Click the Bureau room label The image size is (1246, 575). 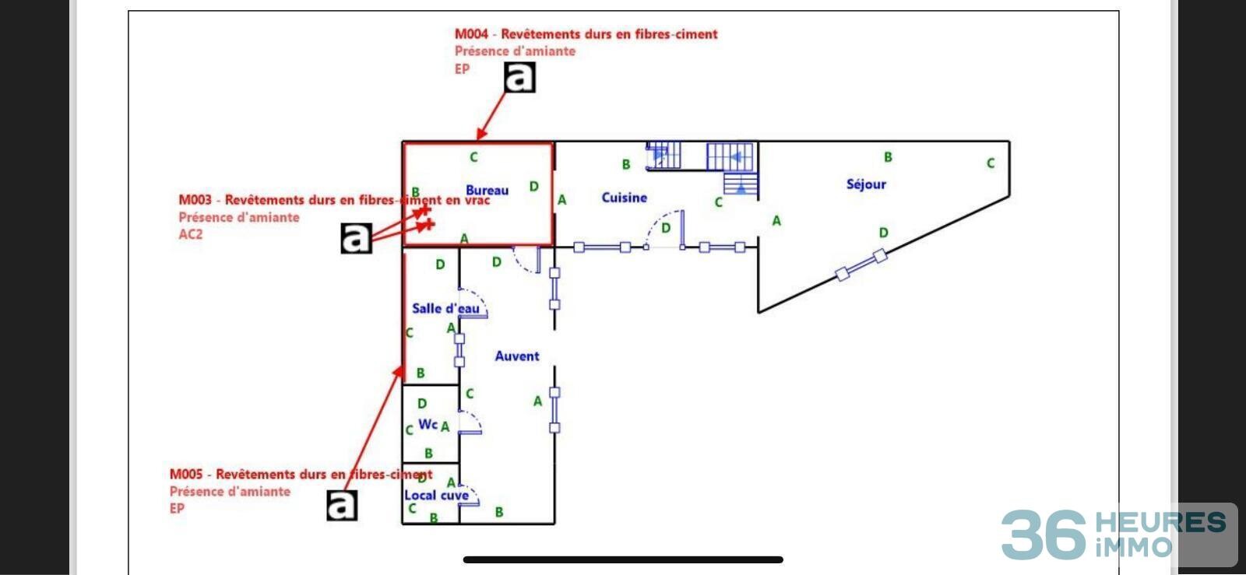487,190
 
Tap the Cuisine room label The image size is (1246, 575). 624,198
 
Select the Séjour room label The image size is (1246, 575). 866,184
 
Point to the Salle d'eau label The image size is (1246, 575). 445,308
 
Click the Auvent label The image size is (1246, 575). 517,356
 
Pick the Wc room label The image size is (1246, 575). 428,424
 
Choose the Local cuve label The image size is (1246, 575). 436,495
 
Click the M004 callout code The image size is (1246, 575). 471,34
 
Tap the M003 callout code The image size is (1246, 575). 195,200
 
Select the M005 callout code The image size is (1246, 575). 186,475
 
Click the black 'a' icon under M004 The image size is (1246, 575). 520,77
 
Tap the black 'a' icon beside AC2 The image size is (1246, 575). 356,238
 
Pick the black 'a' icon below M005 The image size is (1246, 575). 342,506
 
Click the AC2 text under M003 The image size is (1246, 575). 191,234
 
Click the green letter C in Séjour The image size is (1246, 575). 991,163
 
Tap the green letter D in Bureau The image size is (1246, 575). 533,187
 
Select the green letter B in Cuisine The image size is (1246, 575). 626,165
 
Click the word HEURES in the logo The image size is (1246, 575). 1160,522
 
